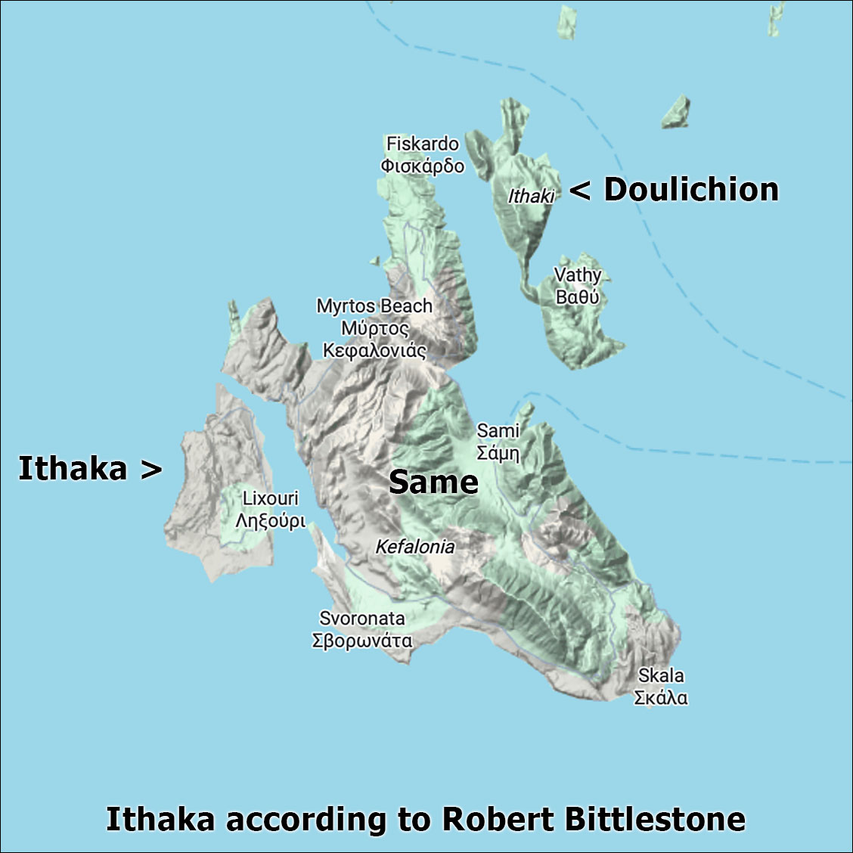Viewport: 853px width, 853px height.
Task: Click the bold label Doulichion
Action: point(691,190)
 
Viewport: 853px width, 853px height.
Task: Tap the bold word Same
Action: point(433,482)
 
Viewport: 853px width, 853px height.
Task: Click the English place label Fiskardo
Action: point(422,144)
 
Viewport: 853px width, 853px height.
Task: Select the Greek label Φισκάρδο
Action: point(422,166)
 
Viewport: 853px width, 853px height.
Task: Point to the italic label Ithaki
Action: point(531,197)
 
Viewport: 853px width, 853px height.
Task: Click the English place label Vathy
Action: point(578,275)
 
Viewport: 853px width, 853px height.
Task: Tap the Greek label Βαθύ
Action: point(577,297)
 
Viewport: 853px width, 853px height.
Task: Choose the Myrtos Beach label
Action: point(374,306)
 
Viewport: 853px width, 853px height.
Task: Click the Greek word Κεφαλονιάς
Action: point(374,351)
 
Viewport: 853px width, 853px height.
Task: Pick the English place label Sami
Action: point(498,431)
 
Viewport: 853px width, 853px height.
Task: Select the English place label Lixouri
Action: point(270,499)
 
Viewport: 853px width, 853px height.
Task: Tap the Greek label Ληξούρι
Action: point(270,521)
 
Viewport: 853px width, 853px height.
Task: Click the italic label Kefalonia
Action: point(415,547)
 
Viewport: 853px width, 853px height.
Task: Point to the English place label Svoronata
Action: point(361,619)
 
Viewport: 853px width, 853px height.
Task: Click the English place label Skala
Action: point(661,675)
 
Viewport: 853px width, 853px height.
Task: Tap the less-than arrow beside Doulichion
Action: point(579,191)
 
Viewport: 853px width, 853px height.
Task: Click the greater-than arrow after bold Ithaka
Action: point(151,470)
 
